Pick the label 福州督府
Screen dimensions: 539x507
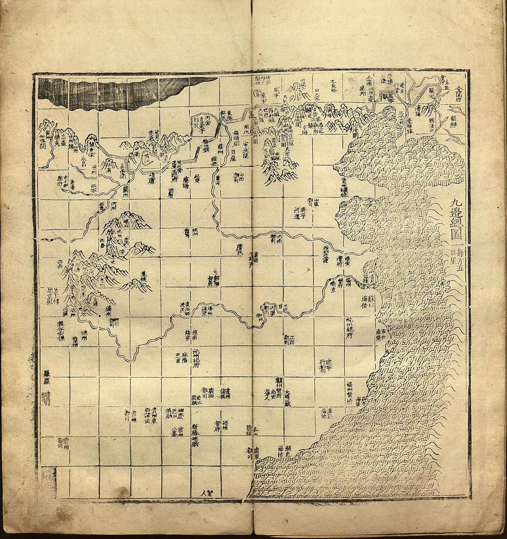(352, 391)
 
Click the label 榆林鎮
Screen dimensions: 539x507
(206, 148)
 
